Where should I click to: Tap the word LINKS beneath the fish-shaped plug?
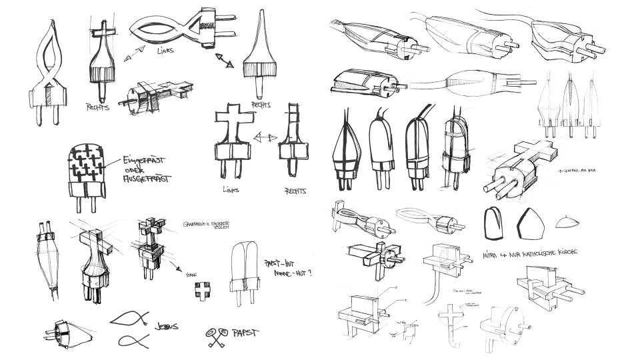pyautogui.click(x=167, y=51)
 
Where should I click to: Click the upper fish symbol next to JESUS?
pyautogui.click(x=131, y=318)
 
